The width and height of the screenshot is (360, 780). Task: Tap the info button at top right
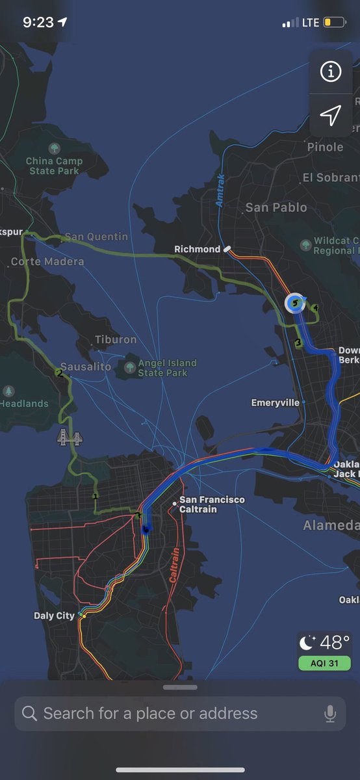[x=331, y=72]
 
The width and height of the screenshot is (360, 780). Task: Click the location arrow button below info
[x=331, y=116]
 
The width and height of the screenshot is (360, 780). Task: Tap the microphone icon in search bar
[x=330, y=713]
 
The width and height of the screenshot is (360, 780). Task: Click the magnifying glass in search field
[x=29, y=713]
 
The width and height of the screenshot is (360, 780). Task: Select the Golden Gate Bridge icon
[x=70, y=437]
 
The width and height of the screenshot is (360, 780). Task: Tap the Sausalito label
[x=86, y=367]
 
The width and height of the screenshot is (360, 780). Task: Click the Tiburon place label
[x=116, y=339]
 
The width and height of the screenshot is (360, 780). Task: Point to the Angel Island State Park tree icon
[x=130, y=368]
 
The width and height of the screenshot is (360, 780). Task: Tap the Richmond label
[x=198, y=249]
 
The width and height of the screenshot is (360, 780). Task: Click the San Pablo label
[x=276, y=207]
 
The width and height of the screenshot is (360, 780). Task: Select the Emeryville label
[x=276, y=403]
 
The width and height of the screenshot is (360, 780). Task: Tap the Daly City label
[x=54, y=616]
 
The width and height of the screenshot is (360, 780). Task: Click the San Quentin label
[x=97, y=237]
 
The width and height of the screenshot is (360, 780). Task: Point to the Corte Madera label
[x=47, y=261]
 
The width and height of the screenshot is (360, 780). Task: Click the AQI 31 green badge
[x=324, y=663]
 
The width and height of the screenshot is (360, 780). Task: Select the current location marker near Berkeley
[x=295, y=303]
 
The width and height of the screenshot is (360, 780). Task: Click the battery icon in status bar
[x=335, y=23]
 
